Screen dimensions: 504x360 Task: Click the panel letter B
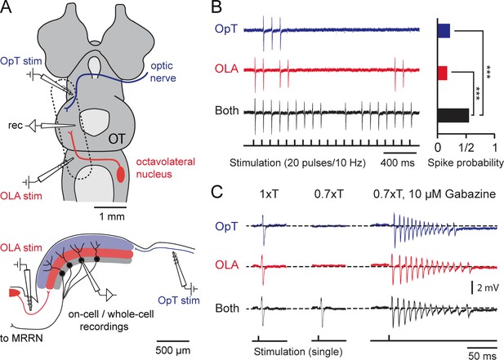217,7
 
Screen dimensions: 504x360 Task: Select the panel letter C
217,193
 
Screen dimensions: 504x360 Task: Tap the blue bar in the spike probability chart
444,31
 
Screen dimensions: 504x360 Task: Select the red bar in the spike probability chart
443,73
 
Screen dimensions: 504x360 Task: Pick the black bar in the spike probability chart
453,115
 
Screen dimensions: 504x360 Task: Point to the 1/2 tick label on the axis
466,148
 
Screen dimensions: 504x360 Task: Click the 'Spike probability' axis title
466,163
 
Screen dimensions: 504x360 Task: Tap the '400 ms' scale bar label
398,162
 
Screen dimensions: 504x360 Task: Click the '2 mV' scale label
488,287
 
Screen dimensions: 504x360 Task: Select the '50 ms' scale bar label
482,355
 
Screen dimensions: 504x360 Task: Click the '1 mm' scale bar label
112,216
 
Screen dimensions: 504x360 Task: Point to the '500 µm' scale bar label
173,350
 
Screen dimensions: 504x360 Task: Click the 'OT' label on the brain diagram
116,139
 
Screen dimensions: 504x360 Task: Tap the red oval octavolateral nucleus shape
121,174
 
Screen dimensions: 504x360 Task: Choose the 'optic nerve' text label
163,72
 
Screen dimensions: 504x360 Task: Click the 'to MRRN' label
21,339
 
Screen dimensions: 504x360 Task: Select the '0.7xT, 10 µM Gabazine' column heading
435,194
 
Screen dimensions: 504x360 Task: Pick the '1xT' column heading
269,194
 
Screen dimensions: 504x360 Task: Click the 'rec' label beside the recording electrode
15,125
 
